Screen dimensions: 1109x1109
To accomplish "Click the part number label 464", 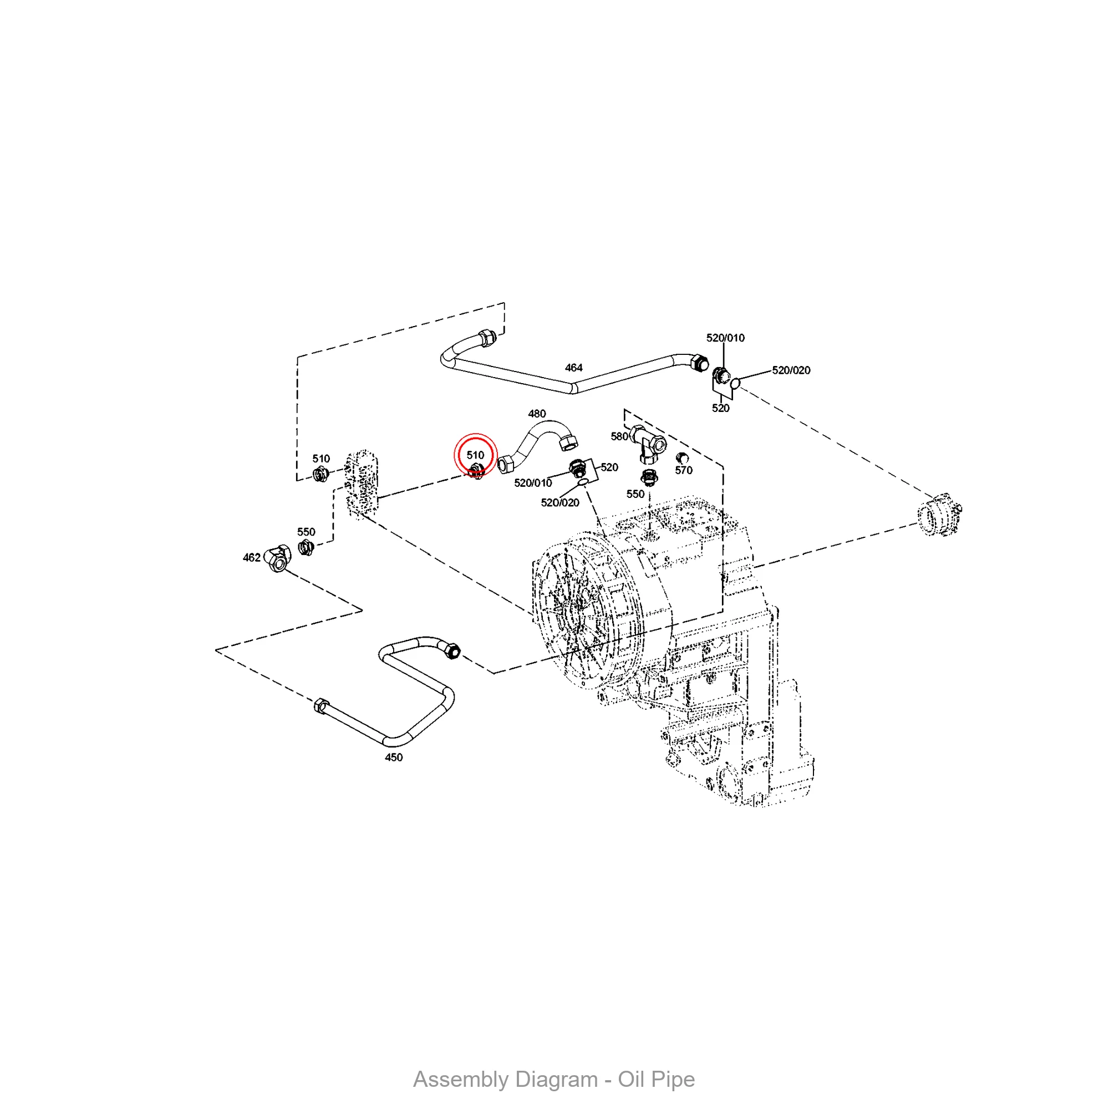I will [x=573, y=368].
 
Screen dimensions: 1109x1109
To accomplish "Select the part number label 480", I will [x=537, y=413].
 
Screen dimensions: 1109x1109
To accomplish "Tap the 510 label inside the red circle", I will [x=475, y=455].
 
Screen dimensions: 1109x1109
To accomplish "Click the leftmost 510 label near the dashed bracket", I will [x=321, y=459].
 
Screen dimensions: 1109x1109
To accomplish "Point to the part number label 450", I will [x=394, y=757].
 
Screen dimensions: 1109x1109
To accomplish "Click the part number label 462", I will [x=251, y=557].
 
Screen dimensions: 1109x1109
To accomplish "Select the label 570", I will [x=684, y=470].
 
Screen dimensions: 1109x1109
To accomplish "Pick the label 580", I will [x=619, y=436].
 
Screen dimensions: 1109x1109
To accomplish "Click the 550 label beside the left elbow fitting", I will [x=306, y=532].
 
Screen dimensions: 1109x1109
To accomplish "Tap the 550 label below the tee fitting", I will [x=635, y=494].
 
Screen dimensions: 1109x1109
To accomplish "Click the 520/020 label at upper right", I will [x=791, y=370].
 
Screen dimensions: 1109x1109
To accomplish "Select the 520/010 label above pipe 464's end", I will [x=725, y=338].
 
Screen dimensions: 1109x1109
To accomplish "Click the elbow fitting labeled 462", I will [x=279, y=558].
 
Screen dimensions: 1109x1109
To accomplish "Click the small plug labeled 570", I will [x=682, y=457].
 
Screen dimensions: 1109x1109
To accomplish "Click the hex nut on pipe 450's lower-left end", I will [x=322, y=705].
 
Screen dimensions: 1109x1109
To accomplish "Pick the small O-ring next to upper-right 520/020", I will [x=735, y=382].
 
